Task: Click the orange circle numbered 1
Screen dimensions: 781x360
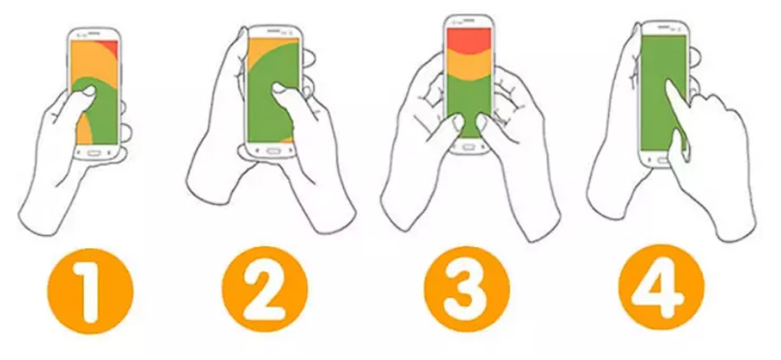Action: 90,291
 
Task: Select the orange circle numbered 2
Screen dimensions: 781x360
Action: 265,291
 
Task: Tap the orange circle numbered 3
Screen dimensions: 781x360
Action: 467,289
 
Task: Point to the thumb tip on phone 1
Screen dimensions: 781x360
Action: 90,90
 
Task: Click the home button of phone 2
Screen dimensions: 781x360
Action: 272,150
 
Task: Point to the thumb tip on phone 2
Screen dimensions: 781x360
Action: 279,89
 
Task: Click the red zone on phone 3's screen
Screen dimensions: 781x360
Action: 469,39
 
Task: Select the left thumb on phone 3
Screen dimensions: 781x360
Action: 454,124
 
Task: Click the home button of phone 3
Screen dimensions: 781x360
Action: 468,147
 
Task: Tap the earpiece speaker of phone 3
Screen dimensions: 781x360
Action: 469,22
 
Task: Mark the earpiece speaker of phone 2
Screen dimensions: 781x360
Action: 273,31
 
